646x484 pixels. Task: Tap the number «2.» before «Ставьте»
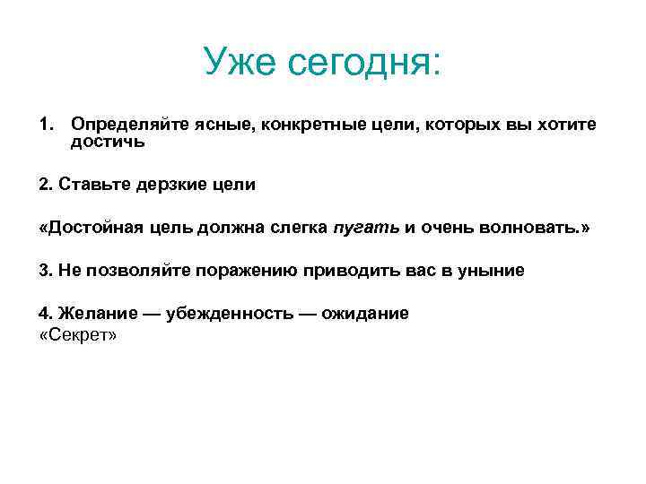pyautogui.click(x=47, y=184)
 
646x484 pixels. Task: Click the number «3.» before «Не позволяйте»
pyautogui.click(x=47, y=270)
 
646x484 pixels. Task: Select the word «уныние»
pyautogui.click(x=489, y=270)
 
